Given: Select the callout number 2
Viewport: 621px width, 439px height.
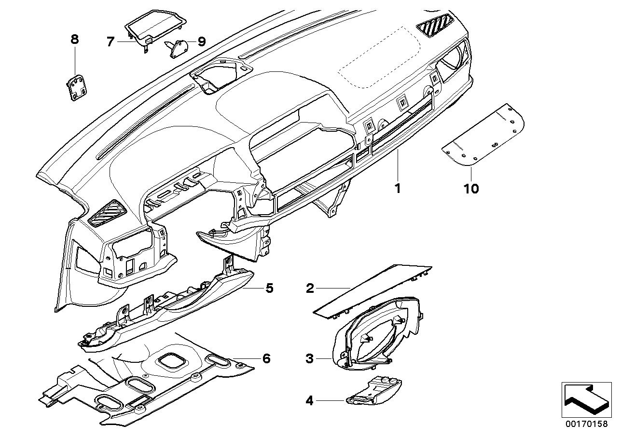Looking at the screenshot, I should point(310,288).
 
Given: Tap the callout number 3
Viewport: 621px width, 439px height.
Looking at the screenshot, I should point(310,358).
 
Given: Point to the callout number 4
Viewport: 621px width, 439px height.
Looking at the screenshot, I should point(310,400).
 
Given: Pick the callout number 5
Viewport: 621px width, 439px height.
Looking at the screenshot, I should point(269,288).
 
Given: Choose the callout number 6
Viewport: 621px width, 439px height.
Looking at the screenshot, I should point(266,358).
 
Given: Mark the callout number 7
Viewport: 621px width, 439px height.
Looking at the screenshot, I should point(110,42).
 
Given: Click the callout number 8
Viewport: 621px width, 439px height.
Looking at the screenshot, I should point(74,40).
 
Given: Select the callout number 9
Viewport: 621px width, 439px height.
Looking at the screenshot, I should point(201,42).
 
